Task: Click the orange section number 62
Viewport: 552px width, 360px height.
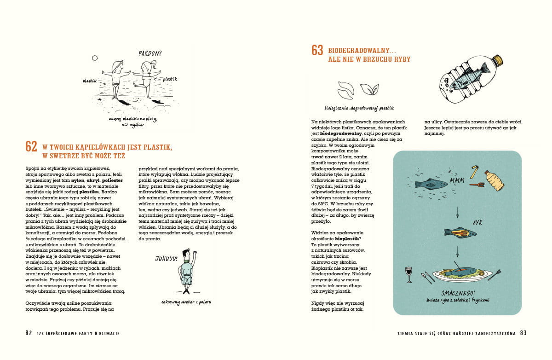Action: [x=31, y=146]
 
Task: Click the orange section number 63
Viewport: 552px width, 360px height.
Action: [x=317, y=50]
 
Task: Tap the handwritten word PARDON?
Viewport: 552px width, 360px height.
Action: [x=150, y=53]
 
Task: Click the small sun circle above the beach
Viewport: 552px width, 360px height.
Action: [x=95, y=58]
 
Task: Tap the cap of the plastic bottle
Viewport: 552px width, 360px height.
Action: [x=497, y=60]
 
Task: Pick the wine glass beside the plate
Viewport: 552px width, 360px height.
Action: [x=408, y=273]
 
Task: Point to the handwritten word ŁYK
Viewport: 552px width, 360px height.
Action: [x=477, y=222]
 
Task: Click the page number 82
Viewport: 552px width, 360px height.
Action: [x=29, y=333]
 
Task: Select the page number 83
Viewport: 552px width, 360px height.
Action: [x=523, y=333]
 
